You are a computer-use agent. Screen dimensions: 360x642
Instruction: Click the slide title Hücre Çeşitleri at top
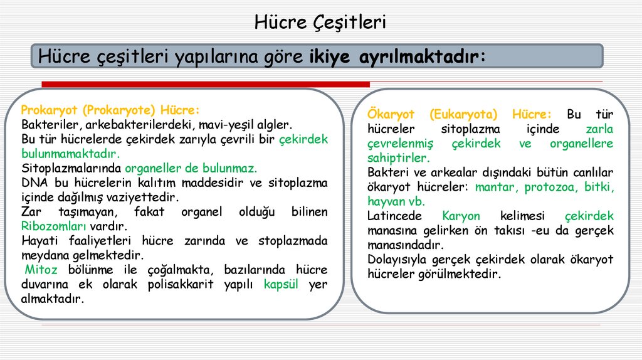tap(320, 23)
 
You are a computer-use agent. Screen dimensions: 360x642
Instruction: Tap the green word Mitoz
tap(41, 270)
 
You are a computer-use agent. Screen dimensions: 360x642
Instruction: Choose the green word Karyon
tap(461, 216)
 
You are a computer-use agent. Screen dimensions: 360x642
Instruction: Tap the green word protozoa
tap(551, 187)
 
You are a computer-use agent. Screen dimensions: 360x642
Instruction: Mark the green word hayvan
tap(387, 201)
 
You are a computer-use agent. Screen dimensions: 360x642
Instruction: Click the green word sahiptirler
tap(398, 158)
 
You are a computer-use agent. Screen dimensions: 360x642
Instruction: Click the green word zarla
tap(599, 129)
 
